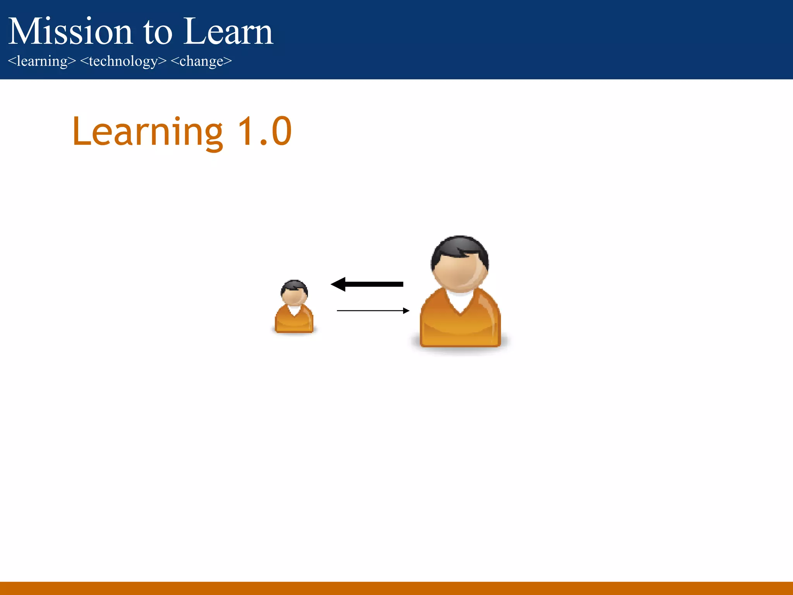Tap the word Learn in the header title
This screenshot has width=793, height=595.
pyautogui.click(x=228, y=32)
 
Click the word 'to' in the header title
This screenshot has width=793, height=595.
pyautogui.click(x=158, y=33)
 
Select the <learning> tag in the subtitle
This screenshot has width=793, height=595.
pyautogui.click(x=42, y=61)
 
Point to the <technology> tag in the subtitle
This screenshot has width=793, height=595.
pyautogui.click(x=123, y=61)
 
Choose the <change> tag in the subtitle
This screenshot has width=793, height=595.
pyautogui.click(x=201, y=61)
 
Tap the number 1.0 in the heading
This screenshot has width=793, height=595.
pyautogui.click(x=264, y=132)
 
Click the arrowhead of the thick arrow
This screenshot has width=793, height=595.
pyautogui.click(x=338, y=284)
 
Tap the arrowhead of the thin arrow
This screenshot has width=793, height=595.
pyautogui.click(x=406, y=311)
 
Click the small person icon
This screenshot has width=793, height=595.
pyautogui.click(x=294, y=308)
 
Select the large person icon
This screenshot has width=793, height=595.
pyautogui.click(x=460, y=294)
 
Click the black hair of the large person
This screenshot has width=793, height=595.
pyautogui.click(x=460, y=246)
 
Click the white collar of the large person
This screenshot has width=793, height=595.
pyautogui.click(x=460, y=300)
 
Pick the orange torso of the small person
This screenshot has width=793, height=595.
pyautogui.click(x=294, y=322)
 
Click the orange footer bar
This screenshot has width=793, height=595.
pyautogui.click(x=396, y=588)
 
